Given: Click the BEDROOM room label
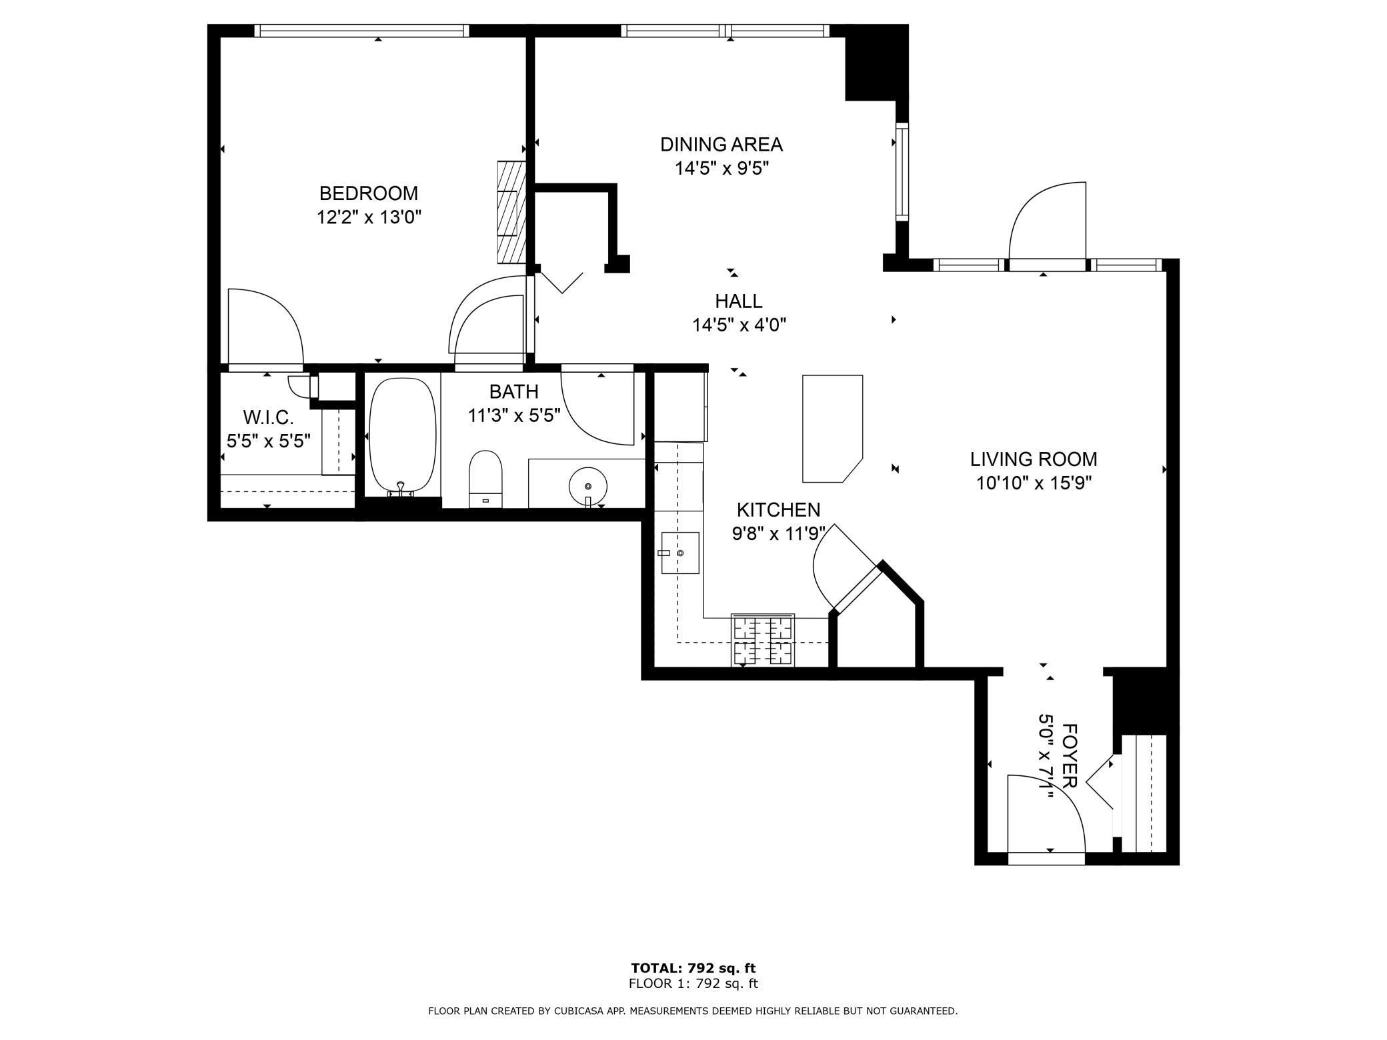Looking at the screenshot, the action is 369,193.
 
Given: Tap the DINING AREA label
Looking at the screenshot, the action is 722,145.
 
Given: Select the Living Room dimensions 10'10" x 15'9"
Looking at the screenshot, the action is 1034,483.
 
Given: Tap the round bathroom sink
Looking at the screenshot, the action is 587,483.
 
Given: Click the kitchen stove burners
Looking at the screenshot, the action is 763,640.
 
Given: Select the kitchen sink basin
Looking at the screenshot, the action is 679,553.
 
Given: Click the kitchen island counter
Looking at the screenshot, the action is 832,428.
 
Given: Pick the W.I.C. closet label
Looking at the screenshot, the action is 269,418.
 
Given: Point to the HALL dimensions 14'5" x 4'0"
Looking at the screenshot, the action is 739,325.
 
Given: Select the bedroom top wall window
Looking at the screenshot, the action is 361,31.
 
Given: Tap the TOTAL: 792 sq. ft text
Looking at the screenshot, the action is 693,968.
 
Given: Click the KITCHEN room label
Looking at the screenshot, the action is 778,510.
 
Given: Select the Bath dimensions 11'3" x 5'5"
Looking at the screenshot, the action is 513,415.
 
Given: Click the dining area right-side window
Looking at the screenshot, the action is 902,171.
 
